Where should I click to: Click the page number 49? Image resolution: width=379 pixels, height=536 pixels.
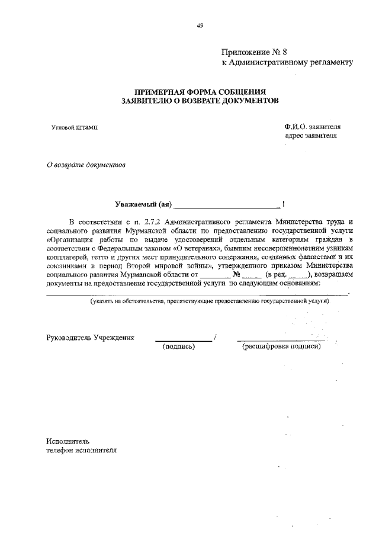point(200,25)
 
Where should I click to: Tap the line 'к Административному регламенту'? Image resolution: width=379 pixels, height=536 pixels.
point(287,62)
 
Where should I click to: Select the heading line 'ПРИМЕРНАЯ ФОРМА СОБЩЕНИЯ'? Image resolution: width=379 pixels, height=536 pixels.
point(200,92)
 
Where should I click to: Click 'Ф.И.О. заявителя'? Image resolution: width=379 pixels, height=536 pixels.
point(312,126)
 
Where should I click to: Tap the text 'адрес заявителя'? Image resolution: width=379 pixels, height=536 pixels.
point(310,136)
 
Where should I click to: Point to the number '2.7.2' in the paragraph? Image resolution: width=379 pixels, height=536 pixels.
point(140,221)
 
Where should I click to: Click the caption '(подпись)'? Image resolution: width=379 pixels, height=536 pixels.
point(179,347)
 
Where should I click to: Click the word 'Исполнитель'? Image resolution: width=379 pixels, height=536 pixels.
point(68,441)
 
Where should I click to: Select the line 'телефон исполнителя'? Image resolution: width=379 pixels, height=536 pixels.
point(81,451)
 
